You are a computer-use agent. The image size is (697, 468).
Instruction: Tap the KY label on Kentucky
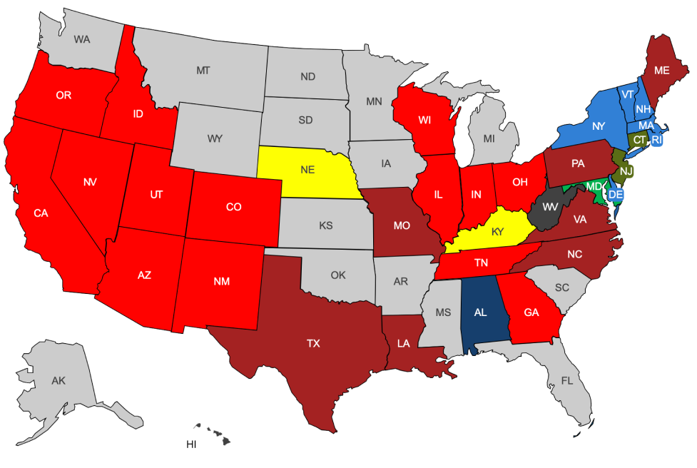point(499,231)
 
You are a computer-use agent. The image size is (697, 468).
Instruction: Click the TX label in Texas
point(313,343)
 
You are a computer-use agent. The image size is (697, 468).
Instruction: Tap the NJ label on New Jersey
point(626,171)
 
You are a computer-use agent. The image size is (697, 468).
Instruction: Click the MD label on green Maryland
point(594,187)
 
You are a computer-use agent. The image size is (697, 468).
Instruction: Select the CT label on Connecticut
point(639,140)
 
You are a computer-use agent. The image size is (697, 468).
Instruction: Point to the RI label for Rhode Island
point(657,140)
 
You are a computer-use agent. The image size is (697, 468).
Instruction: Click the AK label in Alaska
point(58,381)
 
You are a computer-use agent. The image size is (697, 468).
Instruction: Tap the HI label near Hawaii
point(191,444)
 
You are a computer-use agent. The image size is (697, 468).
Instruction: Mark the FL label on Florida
point(566,380)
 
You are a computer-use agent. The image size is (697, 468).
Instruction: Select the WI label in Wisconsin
point(424,120)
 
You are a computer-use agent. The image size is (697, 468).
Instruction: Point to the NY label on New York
point(598,126)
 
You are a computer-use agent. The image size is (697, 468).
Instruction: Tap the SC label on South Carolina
point(561,287)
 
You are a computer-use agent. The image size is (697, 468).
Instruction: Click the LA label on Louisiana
point(404,343)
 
